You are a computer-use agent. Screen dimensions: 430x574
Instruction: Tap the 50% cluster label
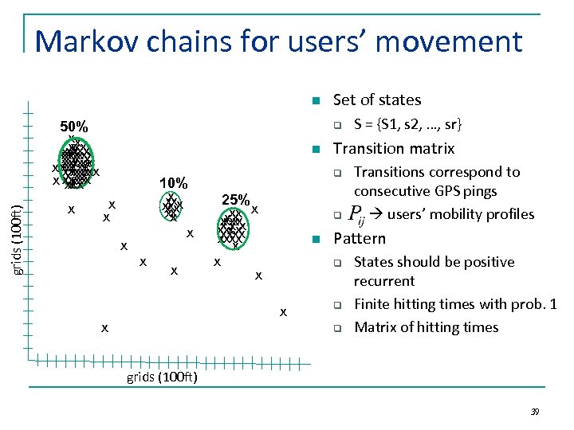coord(74,127)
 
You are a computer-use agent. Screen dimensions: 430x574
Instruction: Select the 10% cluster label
coord(173,184)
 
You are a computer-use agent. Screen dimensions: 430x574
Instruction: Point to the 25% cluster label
coord(236,200)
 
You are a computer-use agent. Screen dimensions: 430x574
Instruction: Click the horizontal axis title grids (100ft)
coord(163,377)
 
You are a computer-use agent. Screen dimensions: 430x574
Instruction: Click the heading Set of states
coord(376,100)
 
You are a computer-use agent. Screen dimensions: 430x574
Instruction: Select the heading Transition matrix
coord(393,148)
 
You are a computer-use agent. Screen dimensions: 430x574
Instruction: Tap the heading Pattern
coord(359,238)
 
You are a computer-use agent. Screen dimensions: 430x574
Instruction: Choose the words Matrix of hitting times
coord(426,326)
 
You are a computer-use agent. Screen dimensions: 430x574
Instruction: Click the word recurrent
coord(383,281)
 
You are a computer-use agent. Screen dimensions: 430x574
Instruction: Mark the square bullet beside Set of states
coord(316,101)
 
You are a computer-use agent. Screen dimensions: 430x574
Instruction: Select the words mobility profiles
coord(482,214)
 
